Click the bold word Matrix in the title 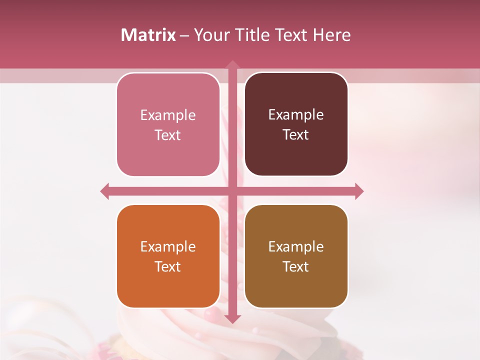tap(148, 35)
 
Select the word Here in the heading tap(331, 35)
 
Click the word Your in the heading tap(209, 35)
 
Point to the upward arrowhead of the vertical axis tap(232, 64)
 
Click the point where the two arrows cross tap(232, 191)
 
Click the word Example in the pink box tap(168, 115)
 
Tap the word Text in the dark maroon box tap(296, 135)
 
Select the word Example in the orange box tap(168, 247)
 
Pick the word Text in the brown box tap(296, 267)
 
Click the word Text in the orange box tap(168, 267)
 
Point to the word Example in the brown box tap(296, 247)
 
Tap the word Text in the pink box tap(168, 135)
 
